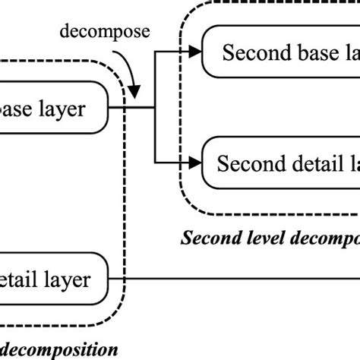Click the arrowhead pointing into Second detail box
point(196,162)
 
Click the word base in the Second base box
point(308,52)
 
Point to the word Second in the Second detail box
point(247,163)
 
